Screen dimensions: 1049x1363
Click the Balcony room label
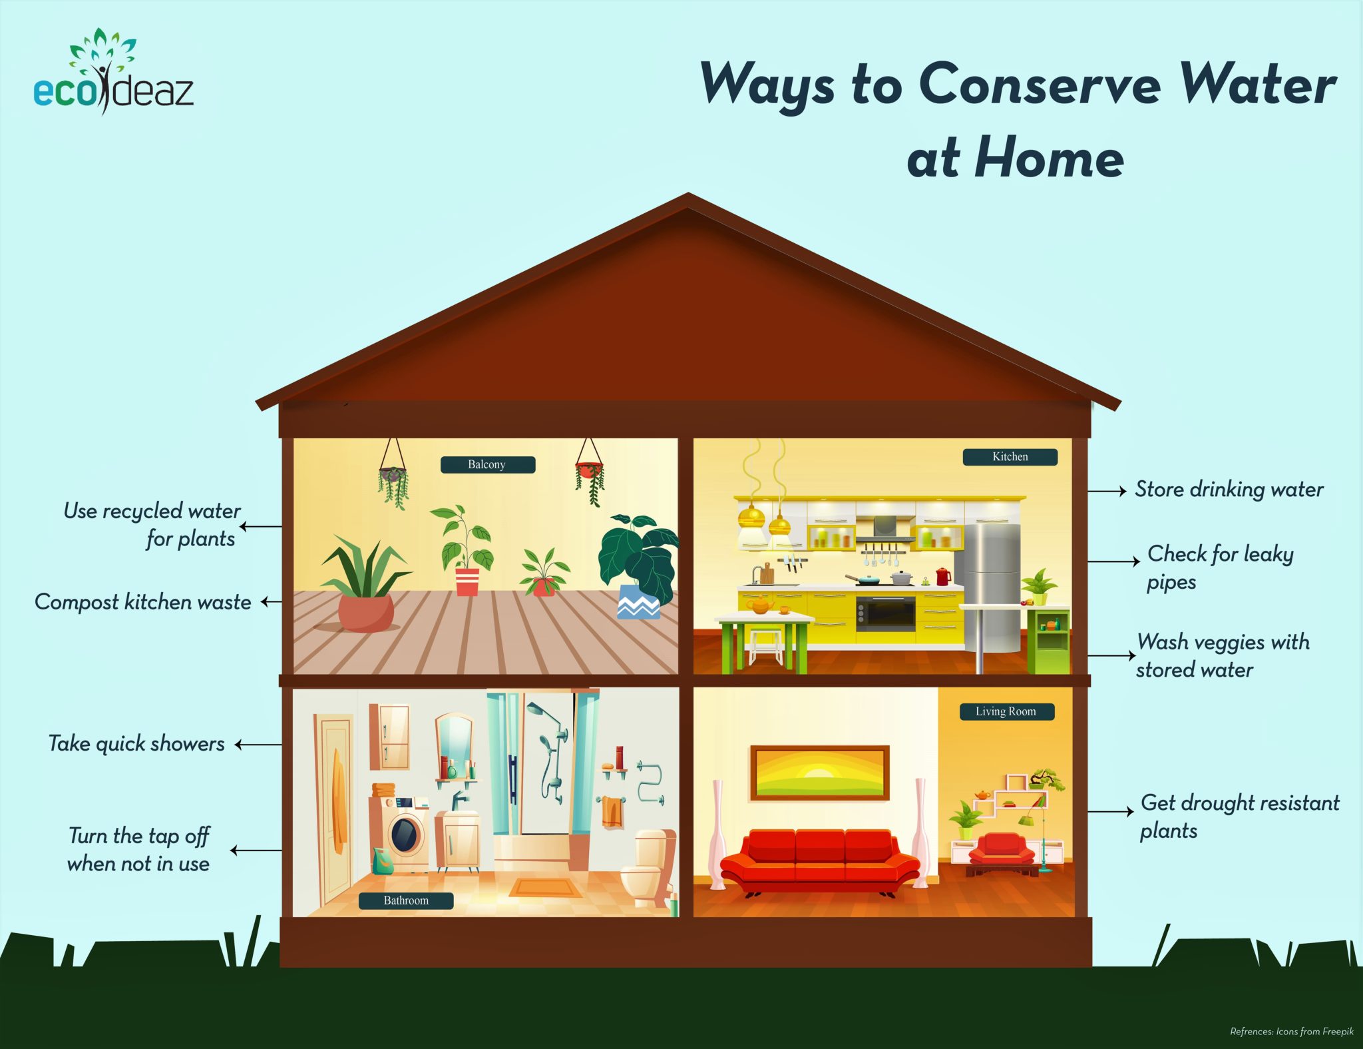tap(487, 464)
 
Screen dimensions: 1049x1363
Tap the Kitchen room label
tap(1010, 457)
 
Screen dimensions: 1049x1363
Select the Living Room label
tap(1006, 711)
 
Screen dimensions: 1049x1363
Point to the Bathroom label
tap(406, 900)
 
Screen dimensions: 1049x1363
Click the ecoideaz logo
tap(113, 73)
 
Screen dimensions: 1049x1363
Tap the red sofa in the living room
tap(819, 859)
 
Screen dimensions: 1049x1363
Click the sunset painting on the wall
tap(819, 773)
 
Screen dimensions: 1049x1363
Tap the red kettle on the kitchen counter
tap(943, 576)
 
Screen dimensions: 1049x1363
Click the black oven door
tap(885, 614)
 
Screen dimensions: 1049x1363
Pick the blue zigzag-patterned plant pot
tap(638, 602)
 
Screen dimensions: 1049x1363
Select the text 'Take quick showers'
tap(136, 744)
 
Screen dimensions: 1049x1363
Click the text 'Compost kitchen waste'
tap(143, 602)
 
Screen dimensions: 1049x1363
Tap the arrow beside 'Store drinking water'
tap(1106, 491)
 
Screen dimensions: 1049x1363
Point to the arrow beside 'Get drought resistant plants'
tap(1110, 811)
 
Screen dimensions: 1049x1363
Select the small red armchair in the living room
tap(1001, 850)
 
